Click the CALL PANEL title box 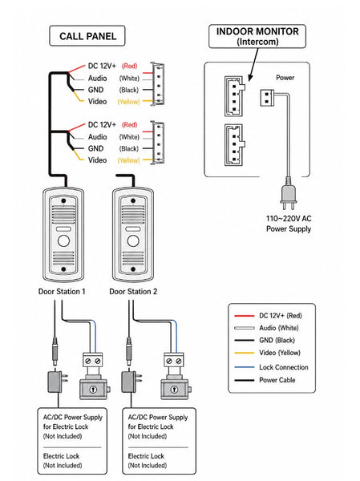pos(87,36)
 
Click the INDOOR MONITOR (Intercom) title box pos(257,36)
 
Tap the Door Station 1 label pos(62,292)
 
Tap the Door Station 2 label pos(133,292)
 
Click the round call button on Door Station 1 pos(63,240)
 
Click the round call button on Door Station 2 pos(133,240)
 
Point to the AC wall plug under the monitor pos(288,193)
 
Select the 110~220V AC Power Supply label pos(289,224)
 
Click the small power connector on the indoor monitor pos(267,98)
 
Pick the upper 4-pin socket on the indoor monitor pos(234,96)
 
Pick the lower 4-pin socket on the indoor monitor pos(234,145)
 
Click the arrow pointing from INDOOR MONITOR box pos(253,64)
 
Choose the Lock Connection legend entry pos(271,367)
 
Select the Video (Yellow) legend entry pos(267,353)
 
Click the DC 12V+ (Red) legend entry pos(268,316)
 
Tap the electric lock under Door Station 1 pos(94,389)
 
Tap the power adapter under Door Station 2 pos(131,381)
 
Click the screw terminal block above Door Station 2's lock pos(174,361)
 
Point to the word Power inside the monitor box pos(285,78)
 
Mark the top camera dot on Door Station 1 pos(63,201)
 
